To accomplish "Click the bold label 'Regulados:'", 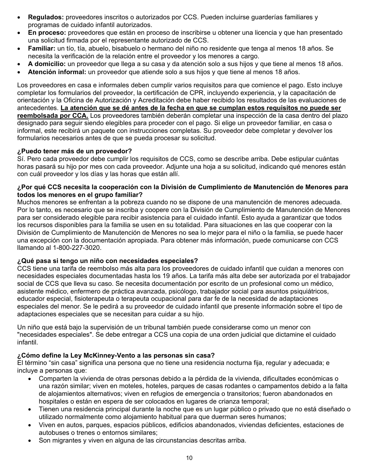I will tap(46, 17).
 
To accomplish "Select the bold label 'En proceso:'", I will tap(47, 33).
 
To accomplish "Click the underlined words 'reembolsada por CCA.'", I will tap(53, 116).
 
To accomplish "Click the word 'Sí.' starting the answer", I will tap(21, 159).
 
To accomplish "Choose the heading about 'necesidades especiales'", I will tap(107, 261).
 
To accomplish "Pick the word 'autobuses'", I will tap(53, 433).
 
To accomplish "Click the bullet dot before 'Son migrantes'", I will tap(30, 441).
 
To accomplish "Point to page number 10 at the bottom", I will tap(189, 458).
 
